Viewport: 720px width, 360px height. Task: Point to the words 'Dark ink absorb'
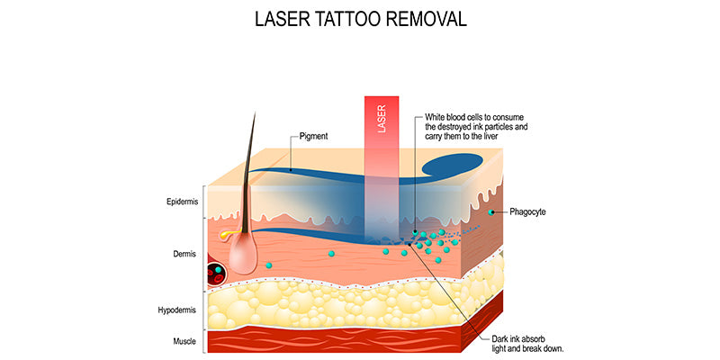pyautogui.click(x=522, y=338)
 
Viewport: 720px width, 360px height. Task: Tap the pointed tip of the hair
pyautogui.click(x=254, y=113)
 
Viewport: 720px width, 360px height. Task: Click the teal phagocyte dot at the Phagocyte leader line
pyautogui.click(x=491, y=212)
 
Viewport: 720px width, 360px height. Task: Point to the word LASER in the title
pyautogui.click(x=289, y=18)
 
